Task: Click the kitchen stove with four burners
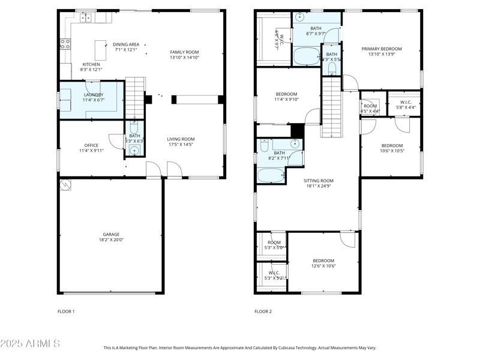pos(65,43)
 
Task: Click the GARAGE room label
pos(111,235)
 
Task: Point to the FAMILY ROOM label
pos(184,52)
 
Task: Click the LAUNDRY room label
pos(93,95)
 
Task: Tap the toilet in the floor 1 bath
pos(134,128)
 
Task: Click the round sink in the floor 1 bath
pos(134,151)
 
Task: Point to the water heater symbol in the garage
pos(65,185)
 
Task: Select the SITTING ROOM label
pos(318,180)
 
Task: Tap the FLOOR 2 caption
pos(263,311)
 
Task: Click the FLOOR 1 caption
pos(66,311)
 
